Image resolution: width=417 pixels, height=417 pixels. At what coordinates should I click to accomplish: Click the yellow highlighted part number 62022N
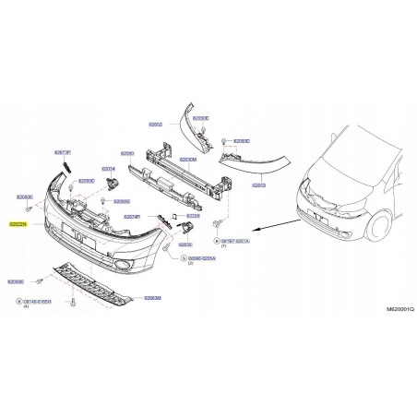tap(18, 224)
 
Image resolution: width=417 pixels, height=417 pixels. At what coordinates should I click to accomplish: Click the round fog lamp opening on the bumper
tap(122, 267)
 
